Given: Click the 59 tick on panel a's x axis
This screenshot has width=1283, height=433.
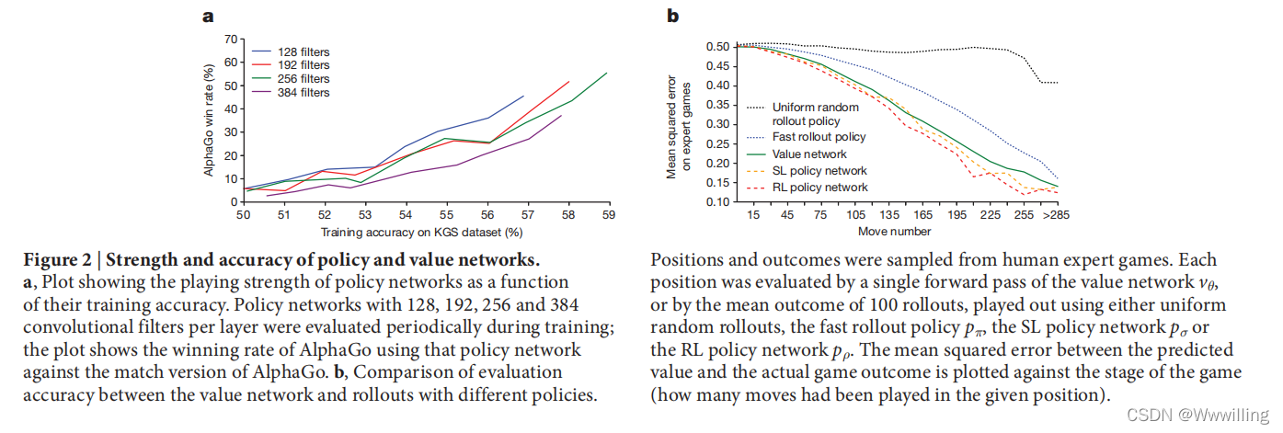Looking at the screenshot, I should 606,215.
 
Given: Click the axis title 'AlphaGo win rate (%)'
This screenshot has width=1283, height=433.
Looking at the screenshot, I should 209,120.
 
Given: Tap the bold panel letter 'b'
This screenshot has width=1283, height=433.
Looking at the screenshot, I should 672,15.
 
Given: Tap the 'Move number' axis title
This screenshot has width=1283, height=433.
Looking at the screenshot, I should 894,232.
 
